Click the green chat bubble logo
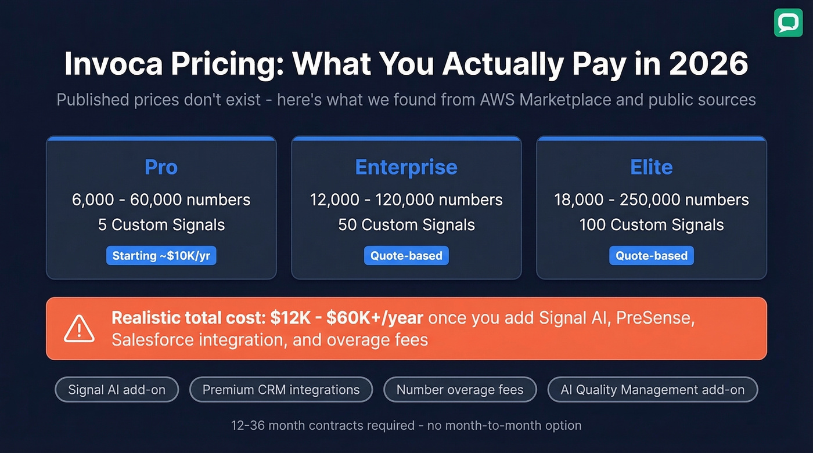click(788, 23)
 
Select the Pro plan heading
click(161, 167)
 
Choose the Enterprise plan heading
click(406, 167)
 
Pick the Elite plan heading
click(651, 167)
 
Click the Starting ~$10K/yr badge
click(161, 256)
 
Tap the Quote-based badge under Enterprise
click(406, 256)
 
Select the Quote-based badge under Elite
click(651, 256)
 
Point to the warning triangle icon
click(79, 328)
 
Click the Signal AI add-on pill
click(117, 390)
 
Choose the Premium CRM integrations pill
click(281, 390)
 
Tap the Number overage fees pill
click(460, 390)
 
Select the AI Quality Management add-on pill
click(653, 390)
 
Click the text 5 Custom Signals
click(161, 225)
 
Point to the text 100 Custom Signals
click(651, 225)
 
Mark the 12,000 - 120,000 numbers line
click(406, 200)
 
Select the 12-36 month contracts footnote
click(406, 425)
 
